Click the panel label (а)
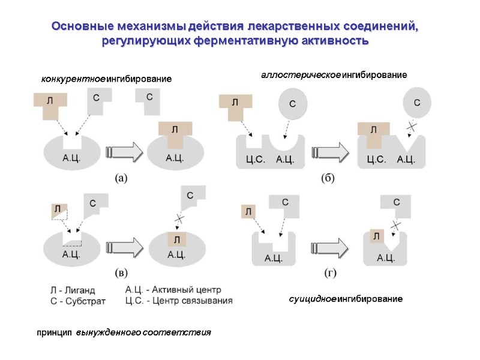click(x=121, y=178)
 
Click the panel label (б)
click(x=328, y=178)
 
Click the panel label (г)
click(x=330, y=272)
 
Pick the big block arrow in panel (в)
click(x=125, y=247)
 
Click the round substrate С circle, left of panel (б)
click(x=293, y=103)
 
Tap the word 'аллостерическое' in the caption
click(x=300, y=75)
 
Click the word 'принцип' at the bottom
click(x=54, y=332)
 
